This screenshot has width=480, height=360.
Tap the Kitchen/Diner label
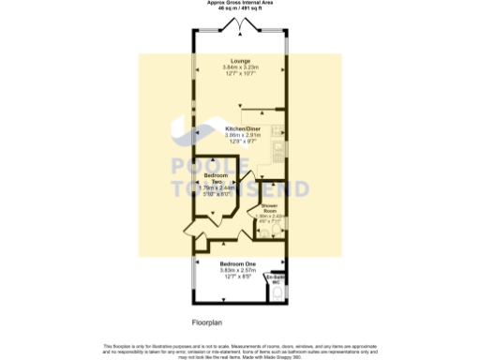241,128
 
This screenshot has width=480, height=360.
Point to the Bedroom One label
238,265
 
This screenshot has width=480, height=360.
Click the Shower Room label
269,209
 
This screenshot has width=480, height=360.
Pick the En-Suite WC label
275,279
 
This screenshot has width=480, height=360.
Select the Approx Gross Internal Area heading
240,3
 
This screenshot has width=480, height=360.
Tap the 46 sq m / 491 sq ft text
240,8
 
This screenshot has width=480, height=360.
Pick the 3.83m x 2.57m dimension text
238,271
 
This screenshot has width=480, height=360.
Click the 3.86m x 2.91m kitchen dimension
241,135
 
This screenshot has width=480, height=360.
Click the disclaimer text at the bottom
240,349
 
